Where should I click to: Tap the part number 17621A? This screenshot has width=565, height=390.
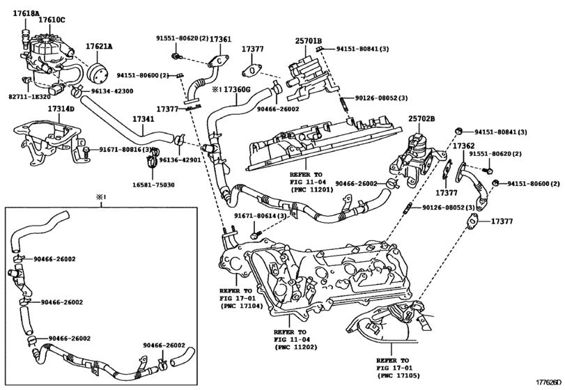tap(100, 46)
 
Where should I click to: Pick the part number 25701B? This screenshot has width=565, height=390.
tap(307, 42)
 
